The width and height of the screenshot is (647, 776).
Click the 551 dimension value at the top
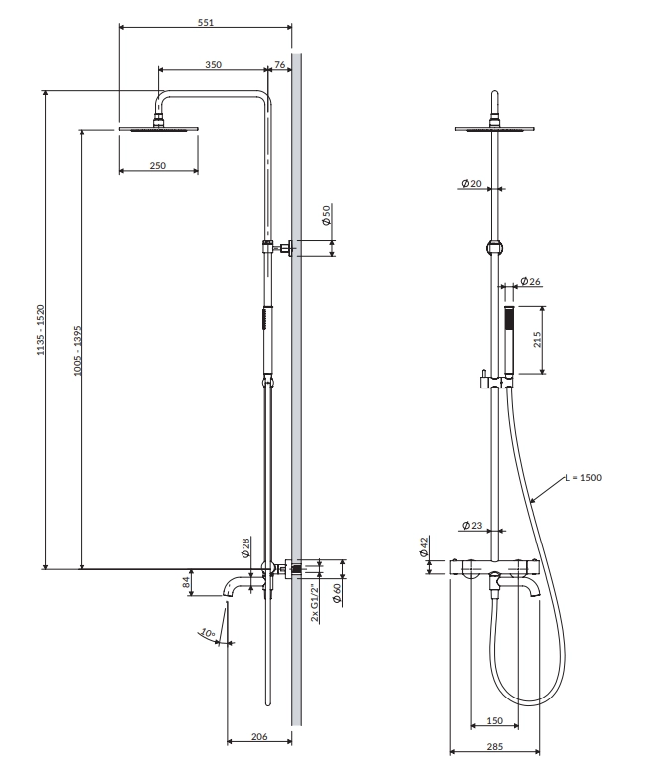[206, 22]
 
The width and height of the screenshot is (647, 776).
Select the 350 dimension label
[213, 64]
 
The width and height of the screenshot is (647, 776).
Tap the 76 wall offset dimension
[279, 64]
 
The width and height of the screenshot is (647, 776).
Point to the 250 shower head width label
[158, 165]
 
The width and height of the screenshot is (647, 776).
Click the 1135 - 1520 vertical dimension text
[41, 330]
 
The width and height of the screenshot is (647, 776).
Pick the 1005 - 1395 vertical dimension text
[78, 351]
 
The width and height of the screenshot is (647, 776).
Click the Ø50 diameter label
[326, 215]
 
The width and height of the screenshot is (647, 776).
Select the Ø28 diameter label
[245, 547]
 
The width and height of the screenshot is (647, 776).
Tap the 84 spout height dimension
[186, 582]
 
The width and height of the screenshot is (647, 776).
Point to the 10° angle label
[208, 633]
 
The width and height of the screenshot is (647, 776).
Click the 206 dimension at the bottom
[259, 737]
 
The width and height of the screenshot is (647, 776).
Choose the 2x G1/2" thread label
[315, 603]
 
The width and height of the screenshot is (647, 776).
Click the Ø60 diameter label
[337, 593]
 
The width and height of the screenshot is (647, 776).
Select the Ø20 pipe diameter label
[471, 183]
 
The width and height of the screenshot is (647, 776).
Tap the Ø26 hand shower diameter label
[530, 281]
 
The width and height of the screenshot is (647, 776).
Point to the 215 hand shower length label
[537, 340]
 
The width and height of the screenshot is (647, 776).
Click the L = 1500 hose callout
[584, 478]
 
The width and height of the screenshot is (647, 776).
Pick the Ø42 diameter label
[424, 546]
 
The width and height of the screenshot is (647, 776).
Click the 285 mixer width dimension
[495, 747]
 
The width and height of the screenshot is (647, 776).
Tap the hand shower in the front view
[508, 341]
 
